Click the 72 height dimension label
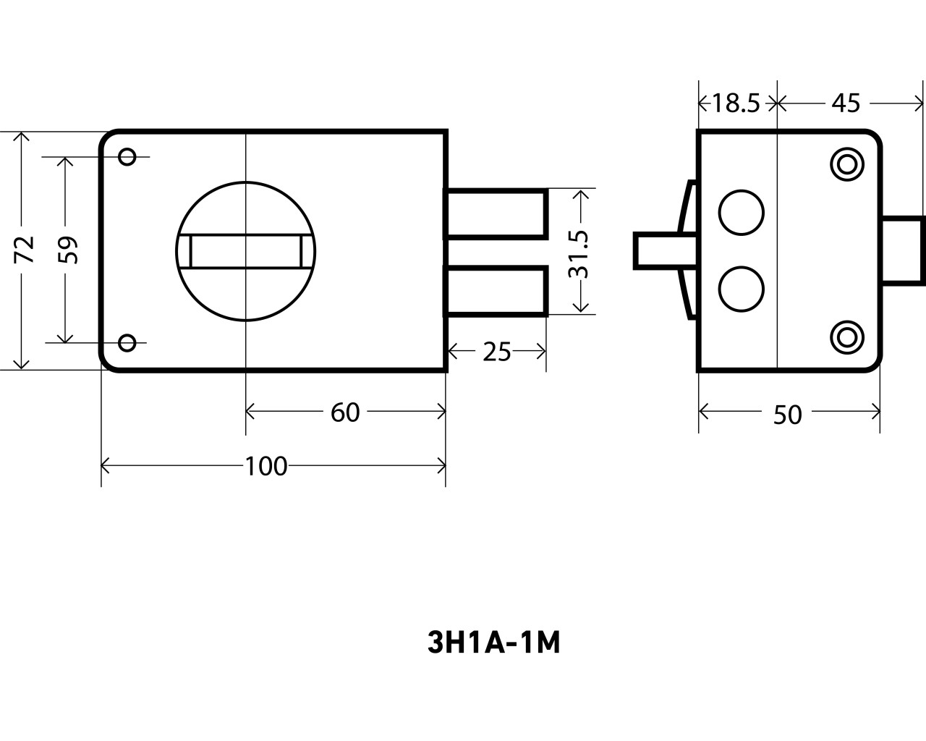click(x=26, y=250)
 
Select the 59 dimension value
click(x=69, y=250)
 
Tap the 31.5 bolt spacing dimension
click(x=579, y=254)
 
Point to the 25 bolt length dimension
click(x=497, y=352)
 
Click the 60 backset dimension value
click(x=345, y=412)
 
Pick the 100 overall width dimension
click(x=266, y=467)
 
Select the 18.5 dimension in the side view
click(x=735, y=104)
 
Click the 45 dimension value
click(x=845, y=104)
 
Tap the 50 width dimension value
click(x=788, y=415)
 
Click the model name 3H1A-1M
click(x=494, y=643)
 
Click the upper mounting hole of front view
click(x=127, y=156)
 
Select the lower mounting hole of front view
click(x=127, y=342)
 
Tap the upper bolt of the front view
click(x=496, y=213)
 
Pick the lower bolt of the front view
click(x=496, y=292)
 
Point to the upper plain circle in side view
click(x=741, y=212)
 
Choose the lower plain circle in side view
click(x=741, y=289)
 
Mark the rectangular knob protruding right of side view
click(x=903, y=250)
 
